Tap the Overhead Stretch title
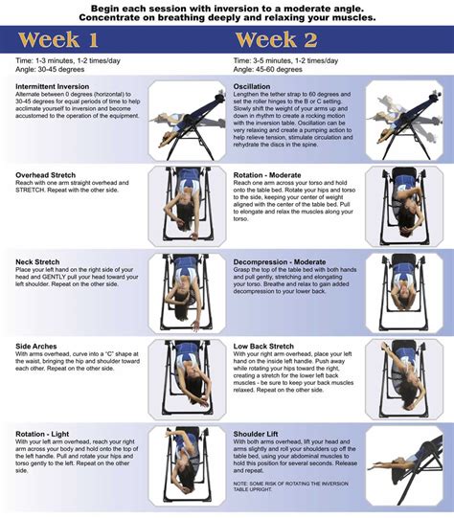pos(46,175)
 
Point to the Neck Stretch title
pos(39,260)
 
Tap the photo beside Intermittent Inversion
pos(188,120)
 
